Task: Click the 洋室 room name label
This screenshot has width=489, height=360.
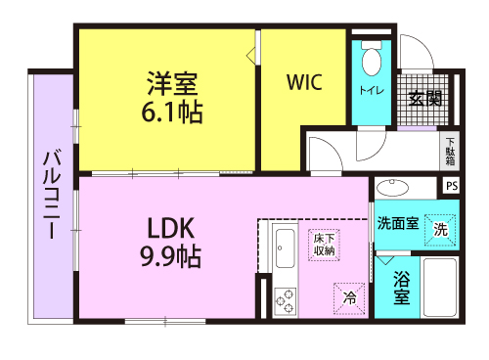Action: [x=172, y=83]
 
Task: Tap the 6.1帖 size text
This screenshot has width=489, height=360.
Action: [x=172, y=112]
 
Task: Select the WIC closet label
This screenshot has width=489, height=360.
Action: [x=304, y=82]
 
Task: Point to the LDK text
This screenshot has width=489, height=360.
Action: [x=171, y=228]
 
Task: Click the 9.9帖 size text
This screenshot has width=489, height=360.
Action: [x=170, y=256]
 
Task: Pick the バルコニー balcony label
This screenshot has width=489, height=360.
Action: [x=52, y=195]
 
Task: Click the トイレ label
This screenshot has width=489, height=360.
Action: [x=372, y=90]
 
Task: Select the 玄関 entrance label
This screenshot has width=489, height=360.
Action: [x=425, y=99]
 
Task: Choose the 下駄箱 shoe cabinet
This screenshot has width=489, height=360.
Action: [x=450, y=151]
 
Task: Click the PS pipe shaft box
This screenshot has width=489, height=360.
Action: [x=452, y=186]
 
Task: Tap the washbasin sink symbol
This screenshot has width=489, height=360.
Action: [x=392, y=188]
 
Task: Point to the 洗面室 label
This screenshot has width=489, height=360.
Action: [x=398, y=223]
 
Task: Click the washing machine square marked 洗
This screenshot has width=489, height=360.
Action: [x=440, y=230]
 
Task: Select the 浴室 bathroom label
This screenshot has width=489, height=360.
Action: [x=401, y=288]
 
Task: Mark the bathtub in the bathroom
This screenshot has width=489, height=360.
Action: [x=439, y=287]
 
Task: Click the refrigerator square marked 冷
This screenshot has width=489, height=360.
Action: [x=349, y=298]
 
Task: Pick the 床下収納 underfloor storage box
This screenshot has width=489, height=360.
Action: [x=324, y=246]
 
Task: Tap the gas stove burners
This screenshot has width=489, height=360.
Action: [x=286, y=301]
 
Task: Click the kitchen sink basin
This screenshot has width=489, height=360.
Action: [x=286, y=248]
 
